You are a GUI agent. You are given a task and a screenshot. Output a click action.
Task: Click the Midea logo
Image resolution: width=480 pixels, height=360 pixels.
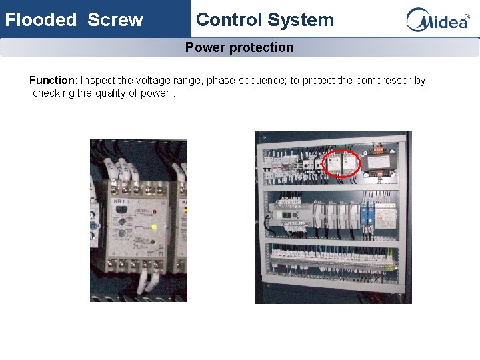[x=437, y=19]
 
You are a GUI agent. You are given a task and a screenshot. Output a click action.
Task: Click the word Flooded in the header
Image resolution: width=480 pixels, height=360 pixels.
[x=41, y=19]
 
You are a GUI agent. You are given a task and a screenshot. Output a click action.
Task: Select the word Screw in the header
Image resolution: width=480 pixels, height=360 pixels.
[x=115, y=19]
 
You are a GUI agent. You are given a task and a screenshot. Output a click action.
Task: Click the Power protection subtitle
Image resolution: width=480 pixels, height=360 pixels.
[x=239, y=47]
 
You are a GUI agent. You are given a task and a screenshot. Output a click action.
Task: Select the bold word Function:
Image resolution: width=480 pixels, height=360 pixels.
[x=54, y=81]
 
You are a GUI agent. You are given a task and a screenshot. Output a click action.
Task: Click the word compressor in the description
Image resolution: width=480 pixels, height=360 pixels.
[x=383, y=81]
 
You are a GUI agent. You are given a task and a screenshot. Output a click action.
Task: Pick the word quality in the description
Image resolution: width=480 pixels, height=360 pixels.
[x=120, y=93]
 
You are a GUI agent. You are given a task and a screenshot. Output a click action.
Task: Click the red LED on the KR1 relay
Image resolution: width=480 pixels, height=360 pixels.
[x=154, y=212]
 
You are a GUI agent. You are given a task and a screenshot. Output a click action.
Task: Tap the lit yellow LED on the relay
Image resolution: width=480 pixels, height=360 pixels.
[x=154, y=227]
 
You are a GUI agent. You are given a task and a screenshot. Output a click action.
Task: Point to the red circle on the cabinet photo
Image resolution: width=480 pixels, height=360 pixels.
[x=341, y=164]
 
